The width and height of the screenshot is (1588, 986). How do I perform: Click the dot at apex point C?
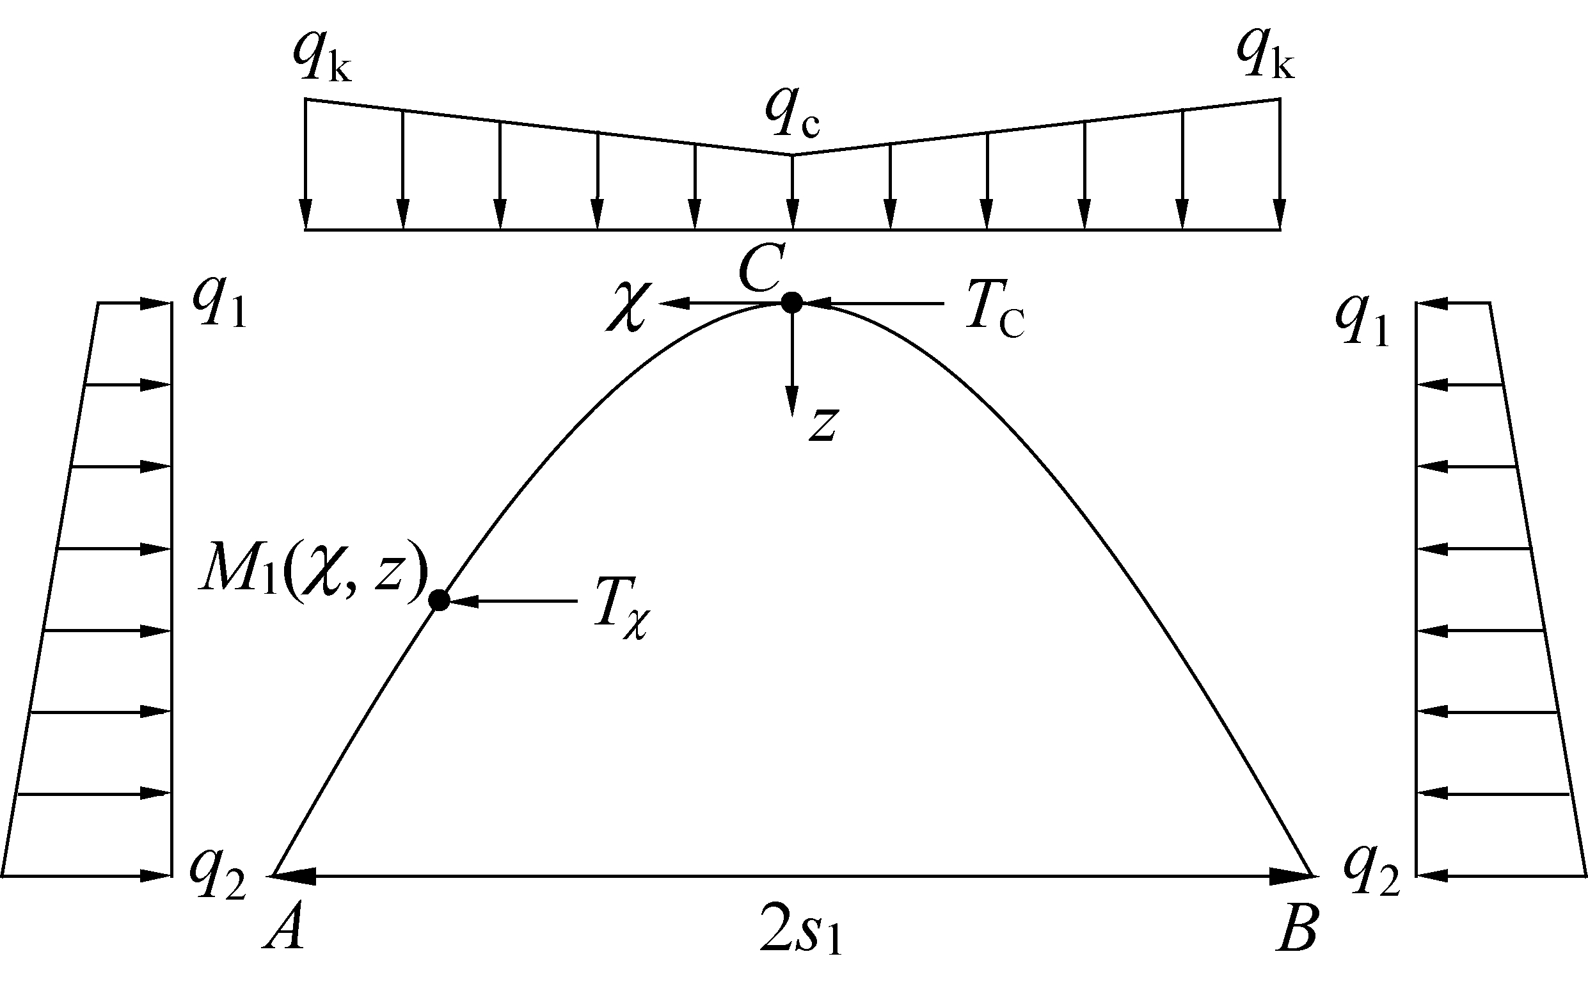[791, 303]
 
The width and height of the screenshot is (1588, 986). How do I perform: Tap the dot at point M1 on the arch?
[440, 600]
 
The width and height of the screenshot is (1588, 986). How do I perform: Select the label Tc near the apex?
[995, 312]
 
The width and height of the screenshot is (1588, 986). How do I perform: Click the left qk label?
[322, 59]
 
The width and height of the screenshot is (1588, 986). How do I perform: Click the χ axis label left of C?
[626, 311]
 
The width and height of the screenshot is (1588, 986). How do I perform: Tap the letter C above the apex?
[759, 269]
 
